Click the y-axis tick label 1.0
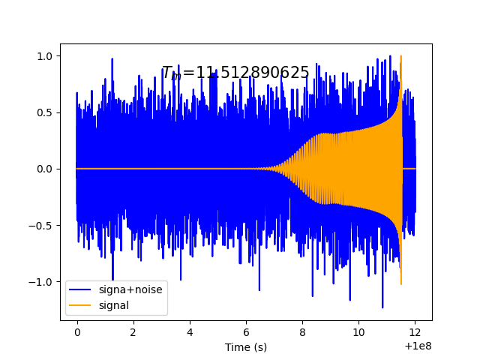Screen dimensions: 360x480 46,56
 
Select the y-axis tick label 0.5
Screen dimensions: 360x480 46,112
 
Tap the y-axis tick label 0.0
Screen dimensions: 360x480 46,169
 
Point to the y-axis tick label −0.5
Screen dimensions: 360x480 43,225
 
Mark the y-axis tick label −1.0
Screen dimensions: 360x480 43,282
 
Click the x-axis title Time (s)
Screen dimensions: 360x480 246,347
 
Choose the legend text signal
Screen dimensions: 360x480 113,305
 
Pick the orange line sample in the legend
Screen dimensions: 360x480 81,306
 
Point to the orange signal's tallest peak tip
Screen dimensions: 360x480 401,55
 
